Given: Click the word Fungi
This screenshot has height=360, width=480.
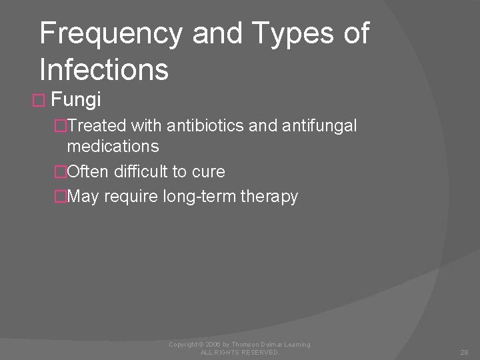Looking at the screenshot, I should [x=76, y=100].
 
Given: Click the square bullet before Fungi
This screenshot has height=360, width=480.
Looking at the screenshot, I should [x=37, y=101].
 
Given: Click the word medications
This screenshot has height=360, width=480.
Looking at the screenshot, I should [x=113, y=145].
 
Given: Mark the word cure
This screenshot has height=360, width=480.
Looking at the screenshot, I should [x=207, y=171].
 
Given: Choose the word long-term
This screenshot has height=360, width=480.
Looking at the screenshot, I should [x=200, y=196].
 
